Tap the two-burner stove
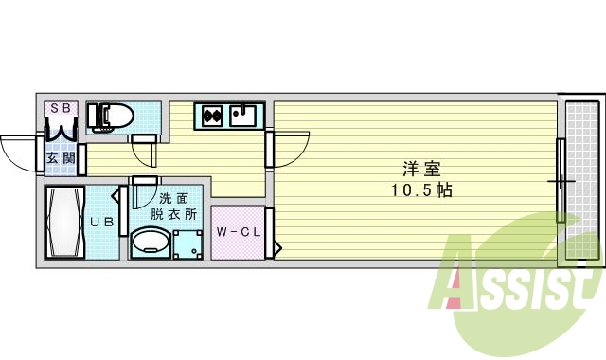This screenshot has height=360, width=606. tap(212, 117)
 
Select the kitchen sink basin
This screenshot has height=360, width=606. tap(242, 117)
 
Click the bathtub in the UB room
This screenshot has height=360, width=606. tap(64, 223)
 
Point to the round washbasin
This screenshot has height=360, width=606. tap(150, 243)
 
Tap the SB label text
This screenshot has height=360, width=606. tap(60, 108)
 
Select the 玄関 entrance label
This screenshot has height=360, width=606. tap(60, 158)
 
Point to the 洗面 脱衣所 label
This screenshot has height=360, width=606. tap(178, 207)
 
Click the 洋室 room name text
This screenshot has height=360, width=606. tap(422, 170)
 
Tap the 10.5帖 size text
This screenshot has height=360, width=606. tap(422, 189)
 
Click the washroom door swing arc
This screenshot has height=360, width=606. tap(142, 194)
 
